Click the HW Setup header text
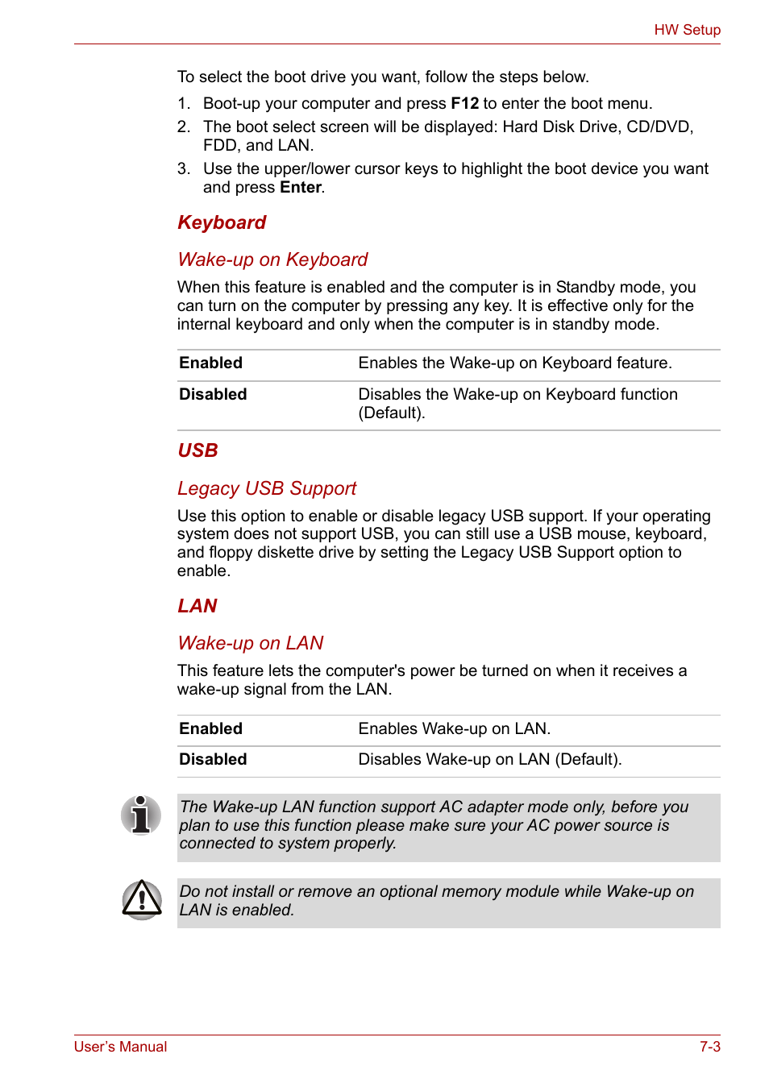pos(687,30)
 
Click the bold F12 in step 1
pos(464,104)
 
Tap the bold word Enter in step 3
pos(300,188)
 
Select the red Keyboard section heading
pos(222,223)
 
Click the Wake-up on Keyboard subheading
pos(272,260)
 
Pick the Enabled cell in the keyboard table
pos(210,363)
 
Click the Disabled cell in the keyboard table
pos(213,395)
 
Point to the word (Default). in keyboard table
pos(392,413)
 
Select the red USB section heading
pos(197,451)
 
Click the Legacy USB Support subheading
pos(267,489)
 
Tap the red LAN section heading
pos(197,607)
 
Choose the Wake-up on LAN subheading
pos(250,644)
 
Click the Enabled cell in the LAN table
pos(210,729)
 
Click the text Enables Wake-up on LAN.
pos(454,729)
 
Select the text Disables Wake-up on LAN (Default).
pos(489,760)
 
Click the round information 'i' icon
pos(141,815)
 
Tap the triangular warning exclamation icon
pos(142,900)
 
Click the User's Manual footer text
pos(120,1047)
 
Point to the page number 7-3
pos(709,1047)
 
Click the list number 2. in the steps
pos(184,127)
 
